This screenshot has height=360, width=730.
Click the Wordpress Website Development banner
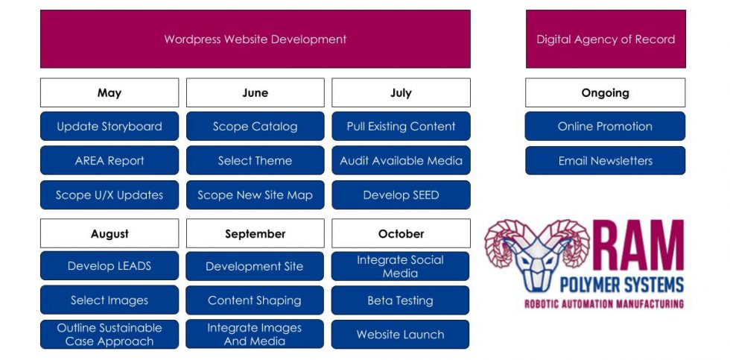[255, 39]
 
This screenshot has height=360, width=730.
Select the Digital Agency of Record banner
[605, 39]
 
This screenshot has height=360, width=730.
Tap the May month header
[110, 93]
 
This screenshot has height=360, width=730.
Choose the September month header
[255, 233]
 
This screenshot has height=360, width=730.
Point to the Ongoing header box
[605, 93]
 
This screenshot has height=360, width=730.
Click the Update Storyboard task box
[110, 126]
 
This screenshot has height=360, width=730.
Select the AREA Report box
[110, 160]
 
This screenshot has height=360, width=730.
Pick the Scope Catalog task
[255, 126]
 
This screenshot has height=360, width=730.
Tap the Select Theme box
[255, 160]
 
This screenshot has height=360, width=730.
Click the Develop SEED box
[401, 195]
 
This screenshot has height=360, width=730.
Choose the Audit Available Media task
[401, 160]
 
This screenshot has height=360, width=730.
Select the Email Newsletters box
[605, 160]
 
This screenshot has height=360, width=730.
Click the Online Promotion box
[605, 126]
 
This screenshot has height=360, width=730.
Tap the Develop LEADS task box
[110, 266]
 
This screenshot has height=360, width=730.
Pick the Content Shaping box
[255, 300]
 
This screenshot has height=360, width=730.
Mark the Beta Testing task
[401, 300]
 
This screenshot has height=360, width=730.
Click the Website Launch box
[401, 335]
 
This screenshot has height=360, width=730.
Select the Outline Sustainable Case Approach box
[110, 335]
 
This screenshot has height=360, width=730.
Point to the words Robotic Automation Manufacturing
[604, 303]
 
